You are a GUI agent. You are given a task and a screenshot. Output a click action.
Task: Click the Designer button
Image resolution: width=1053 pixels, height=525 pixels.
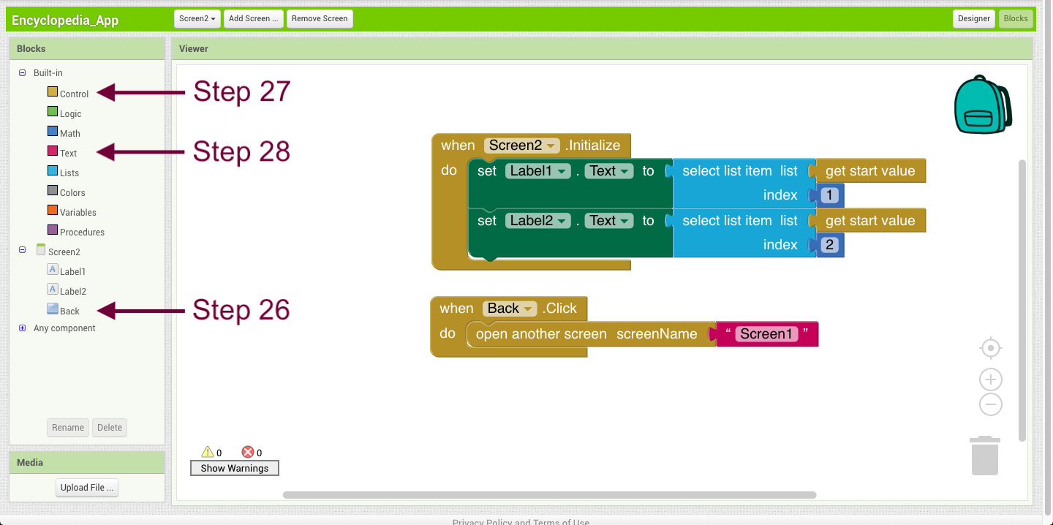[x=973, y=19]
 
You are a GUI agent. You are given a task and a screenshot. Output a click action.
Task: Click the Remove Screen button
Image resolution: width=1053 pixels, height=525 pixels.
[x=320, y=19]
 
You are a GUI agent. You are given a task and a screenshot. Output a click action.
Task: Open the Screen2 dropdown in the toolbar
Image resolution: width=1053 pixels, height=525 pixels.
[x=197, y=19]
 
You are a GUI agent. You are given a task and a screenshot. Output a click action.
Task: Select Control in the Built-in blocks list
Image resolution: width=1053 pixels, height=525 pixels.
[x=74, y=94]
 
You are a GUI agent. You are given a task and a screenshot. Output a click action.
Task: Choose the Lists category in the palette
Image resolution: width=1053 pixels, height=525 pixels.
[x=69, y=173]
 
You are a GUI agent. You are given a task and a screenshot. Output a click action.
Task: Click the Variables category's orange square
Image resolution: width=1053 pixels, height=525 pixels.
[x=53, y=210]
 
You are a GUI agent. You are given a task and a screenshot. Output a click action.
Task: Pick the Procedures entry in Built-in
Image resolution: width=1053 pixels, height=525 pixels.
[x=82, y=233]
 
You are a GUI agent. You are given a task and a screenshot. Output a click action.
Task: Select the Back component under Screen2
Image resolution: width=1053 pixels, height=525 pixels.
[x=69, y=311]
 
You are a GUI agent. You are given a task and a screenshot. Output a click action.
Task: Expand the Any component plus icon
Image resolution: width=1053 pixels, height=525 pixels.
[x=22, y=328]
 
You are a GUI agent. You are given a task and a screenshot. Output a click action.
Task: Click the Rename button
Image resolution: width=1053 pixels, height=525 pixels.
[x=68, y=428]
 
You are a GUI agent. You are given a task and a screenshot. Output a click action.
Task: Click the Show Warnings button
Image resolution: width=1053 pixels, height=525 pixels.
[x=235, y=468]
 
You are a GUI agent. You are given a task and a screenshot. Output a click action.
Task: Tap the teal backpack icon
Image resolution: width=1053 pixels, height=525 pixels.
[x=983, y=105]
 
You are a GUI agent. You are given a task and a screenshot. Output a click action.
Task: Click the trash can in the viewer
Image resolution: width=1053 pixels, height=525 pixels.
[x=985, y=456]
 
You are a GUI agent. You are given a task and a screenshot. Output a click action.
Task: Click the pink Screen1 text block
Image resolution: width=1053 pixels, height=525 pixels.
[x=767, y=334]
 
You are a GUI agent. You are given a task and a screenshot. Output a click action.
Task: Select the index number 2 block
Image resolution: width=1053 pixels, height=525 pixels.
[x=830, y=245]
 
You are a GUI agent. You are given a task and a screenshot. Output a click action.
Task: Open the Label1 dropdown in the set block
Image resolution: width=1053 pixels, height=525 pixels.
[x=537, y=171]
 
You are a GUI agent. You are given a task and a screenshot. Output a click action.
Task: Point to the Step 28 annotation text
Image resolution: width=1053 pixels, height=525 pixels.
[x=241, y=151]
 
